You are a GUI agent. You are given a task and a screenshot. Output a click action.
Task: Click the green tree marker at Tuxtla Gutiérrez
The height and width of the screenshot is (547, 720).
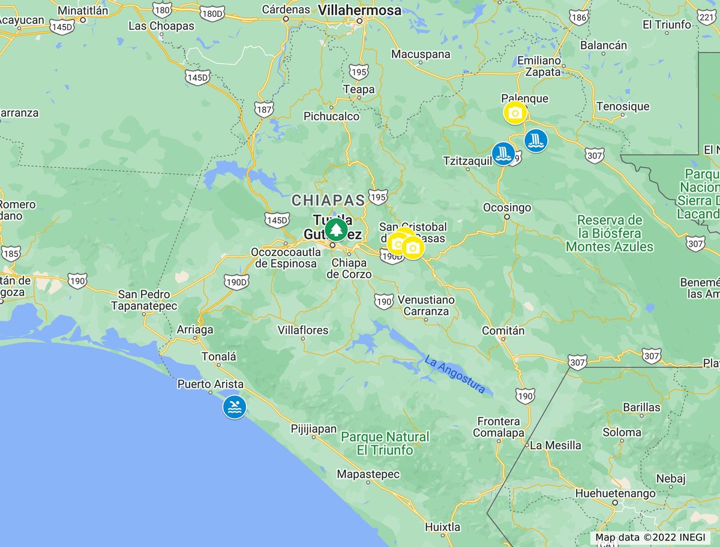(336, 230)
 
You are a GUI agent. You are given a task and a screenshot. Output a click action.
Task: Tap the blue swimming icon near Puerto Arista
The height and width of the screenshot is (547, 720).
(235, 407)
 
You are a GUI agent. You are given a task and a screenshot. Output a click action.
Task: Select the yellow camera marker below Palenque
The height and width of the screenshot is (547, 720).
(515, 113)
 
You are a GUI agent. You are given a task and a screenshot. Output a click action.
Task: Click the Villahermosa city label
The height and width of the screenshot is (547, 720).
(359, 10)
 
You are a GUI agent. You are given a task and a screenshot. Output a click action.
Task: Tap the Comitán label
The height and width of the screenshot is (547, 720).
(503, 330)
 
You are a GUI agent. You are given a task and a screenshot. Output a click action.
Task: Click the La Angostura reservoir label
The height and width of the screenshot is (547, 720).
(454, 375)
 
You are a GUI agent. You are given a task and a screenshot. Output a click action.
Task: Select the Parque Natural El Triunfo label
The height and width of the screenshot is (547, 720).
(385, 443)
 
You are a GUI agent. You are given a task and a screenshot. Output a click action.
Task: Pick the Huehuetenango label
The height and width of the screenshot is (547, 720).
(615, 494)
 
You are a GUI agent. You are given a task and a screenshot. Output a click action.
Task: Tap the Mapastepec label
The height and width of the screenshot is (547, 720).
(368, 474)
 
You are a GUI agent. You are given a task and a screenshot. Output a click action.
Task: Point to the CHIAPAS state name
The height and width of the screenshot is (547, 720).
(328, 200)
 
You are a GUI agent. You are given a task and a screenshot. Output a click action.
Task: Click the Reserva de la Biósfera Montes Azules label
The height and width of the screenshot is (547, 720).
(610, 233)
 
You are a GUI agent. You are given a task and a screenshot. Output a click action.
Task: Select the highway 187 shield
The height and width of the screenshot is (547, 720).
(264, 109)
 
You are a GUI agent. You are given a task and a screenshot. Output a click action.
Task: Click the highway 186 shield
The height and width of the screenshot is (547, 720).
(578, 18)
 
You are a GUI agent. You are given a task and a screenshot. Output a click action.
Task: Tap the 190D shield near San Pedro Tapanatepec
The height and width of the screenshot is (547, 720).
(236, 282)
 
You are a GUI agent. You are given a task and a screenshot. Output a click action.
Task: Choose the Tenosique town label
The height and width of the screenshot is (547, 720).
(623, 107)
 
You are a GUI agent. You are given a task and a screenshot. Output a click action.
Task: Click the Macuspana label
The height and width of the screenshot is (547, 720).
(421, 55)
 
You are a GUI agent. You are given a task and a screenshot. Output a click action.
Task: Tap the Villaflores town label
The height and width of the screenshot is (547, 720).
(303, 330)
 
